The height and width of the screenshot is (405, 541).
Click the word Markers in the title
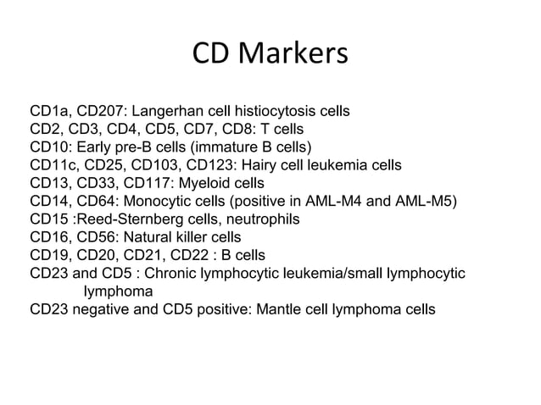tap(295, 55)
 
